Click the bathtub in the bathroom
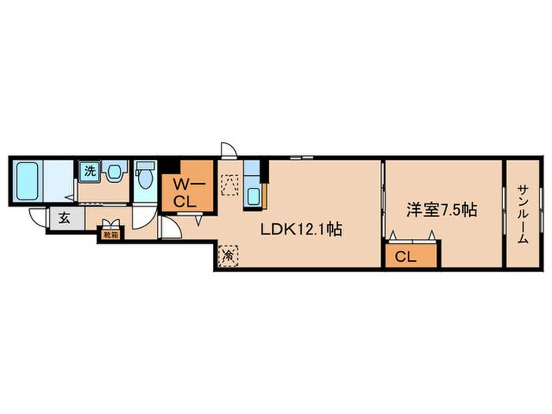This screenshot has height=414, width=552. [x=27, y=181]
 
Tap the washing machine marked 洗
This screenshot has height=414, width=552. [x=89, y=171]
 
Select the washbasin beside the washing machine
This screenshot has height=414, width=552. [x=114, y=172]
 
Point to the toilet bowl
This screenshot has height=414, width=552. [x=145, y=180]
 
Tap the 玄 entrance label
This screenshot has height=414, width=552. [x=64, y=218]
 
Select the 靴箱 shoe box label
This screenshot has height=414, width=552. [x=110, y=235]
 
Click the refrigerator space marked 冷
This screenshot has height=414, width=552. [x=229, y=256]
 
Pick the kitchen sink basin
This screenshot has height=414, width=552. [x=253, y=196]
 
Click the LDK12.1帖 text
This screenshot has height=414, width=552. [x=301, y=230]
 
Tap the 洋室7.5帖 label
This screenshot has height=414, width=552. [x=442, y=211]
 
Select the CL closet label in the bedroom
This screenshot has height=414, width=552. [x=405, y=256]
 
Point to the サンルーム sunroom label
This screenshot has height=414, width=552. [x=523, y=214]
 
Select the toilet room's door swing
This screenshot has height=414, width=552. [x=144, y=218]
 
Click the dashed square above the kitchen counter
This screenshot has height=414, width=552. [x=229, y=185]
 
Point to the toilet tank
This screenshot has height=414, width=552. [x=145, y=165]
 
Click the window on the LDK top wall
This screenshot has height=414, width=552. [x=302, y=158]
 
